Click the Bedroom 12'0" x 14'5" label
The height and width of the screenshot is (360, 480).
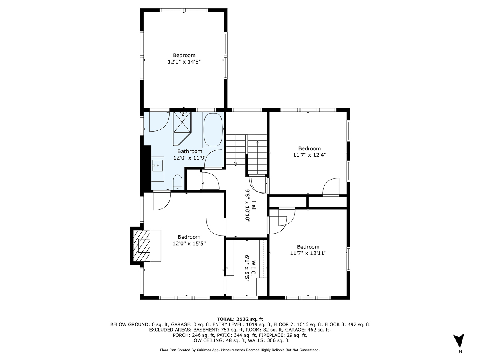click(184, 58)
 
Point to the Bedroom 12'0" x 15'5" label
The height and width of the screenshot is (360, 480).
click(189, 240)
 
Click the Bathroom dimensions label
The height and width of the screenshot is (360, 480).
click(190, 155)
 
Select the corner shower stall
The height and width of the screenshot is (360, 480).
click(182, 127)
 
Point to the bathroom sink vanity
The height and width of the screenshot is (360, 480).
click(157, 164)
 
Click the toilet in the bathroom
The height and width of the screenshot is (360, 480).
click(178, 183)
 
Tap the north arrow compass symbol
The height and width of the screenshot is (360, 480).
click(460, 341)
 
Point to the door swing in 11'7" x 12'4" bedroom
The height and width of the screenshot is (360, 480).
click(330, 187)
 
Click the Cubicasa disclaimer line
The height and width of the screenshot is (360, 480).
click(240, 350)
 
